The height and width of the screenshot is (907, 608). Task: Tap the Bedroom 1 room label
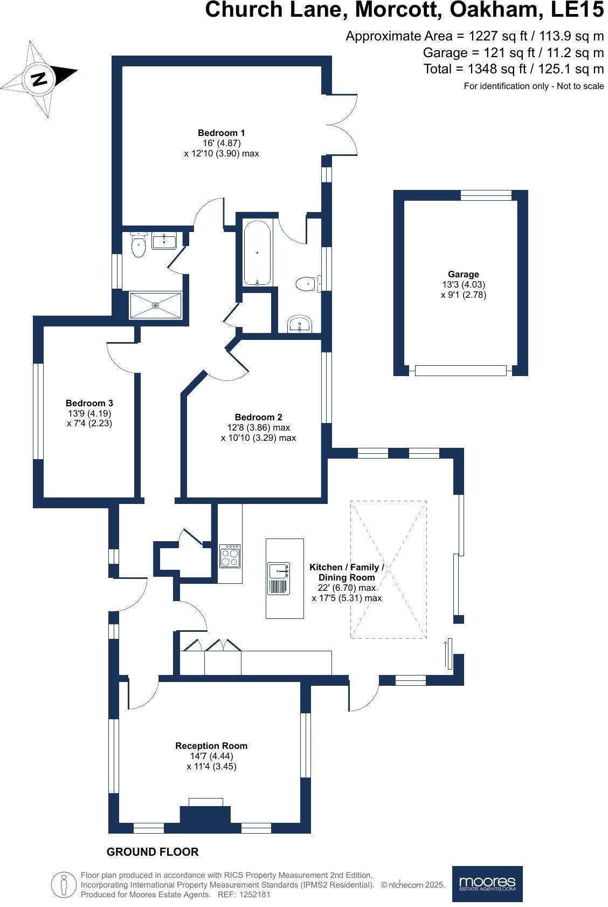point(221,133)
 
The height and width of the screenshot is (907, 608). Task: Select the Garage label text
point(463,274)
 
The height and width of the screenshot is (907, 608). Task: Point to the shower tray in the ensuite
point(156,305)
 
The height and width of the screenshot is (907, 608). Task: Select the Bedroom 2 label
point(258,417)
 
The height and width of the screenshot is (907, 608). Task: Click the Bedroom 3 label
point(89,403)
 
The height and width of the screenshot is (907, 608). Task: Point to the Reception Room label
point(211,746)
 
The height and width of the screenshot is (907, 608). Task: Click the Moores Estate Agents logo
point(487,884)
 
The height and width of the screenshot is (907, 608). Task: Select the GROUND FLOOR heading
point(153,852)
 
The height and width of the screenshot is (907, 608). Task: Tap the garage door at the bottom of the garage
point(460,370)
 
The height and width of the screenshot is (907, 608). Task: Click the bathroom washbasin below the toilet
point(299,324)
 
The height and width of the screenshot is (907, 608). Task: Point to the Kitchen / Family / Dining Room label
point(347,572)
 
